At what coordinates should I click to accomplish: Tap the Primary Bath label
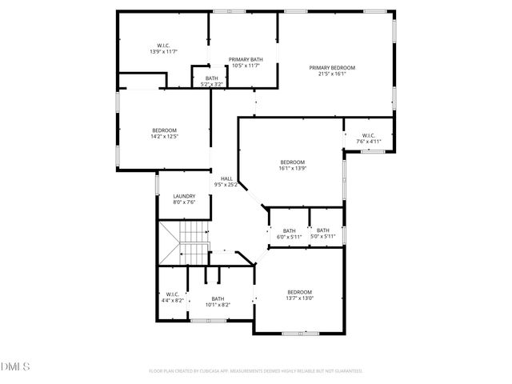246,59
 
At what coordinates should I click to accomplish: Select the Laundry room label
185,196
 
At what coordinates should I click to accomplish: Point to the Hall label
227,179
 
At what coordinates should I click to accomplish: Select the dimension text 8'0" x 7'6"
185,202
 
